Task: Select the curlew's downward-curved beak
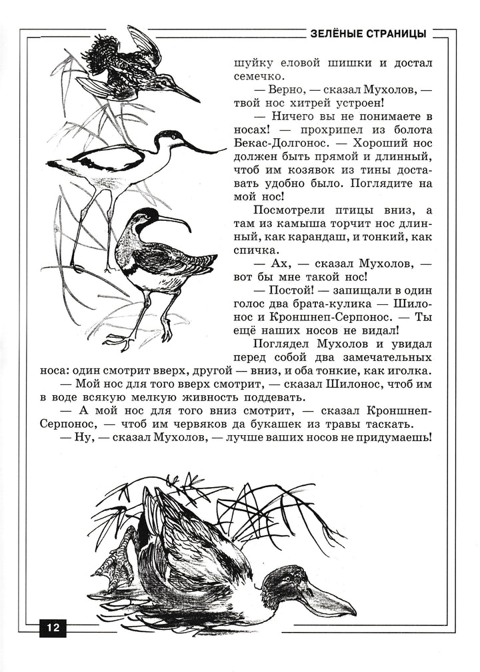177,221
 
